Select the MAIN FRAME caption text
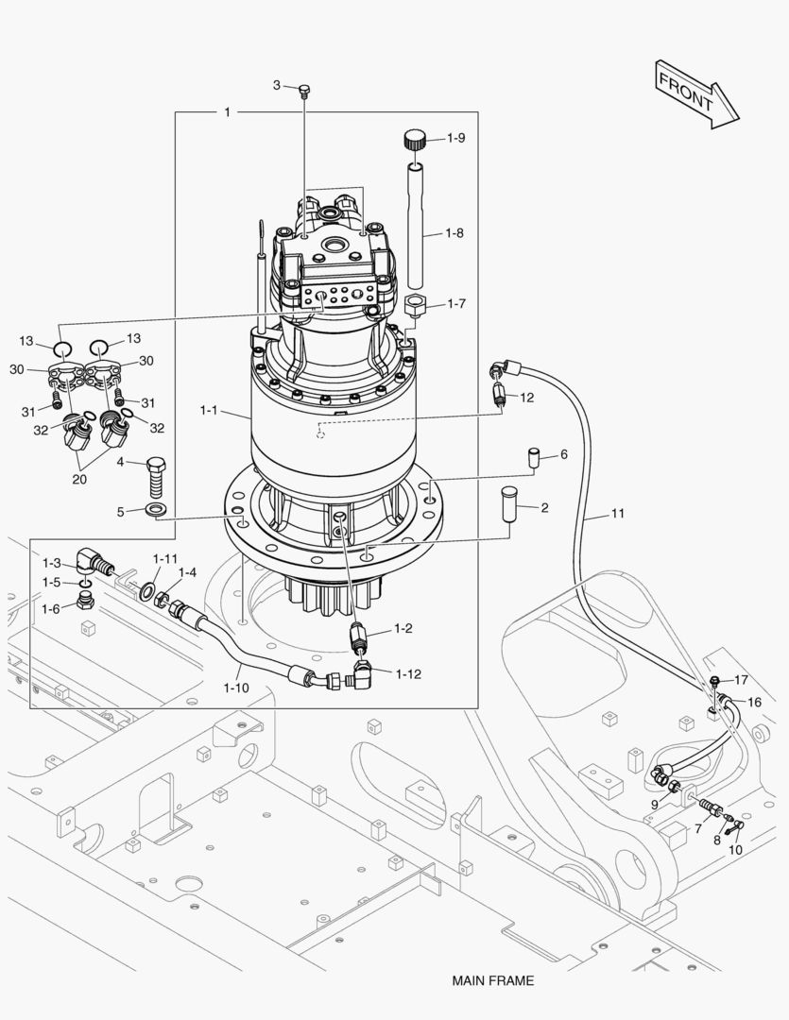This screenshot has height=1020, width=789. (492, 980)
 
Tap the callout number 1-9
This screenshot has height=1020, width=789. (455, 139)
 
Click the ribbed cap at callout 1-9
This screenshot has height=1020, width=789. (413, 141)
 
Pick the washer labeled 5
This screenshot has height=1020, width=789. (158, 511)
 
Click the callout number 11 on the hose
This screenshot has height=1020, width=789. (617, 514)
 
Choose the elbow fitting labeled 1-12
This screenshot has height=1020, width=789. (362, 674)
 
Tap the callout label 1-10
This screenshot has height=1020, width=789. (236, 687)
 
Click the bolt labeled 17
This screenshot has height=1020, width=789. (715, 680)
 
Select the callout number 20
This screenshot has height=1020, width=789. (78, 479)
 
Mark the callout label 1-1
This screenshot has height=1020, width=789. (209, 411)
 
